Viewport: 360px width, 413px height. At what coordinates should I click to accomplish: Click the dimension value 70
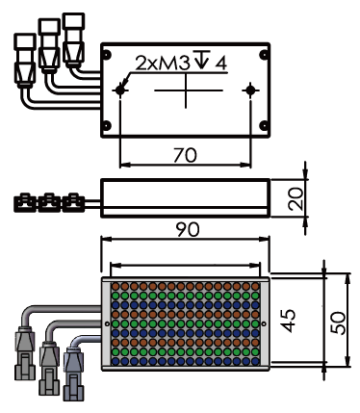tap(185, 155)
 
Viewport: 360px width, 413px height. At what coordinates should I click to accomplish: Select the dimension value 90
tap(188, 229)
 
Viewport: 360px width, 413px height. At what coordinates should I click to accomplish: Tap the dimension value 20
tap(296, 198)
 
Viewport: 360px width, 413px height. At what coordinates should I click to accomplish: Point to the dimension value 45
tap(288, 321)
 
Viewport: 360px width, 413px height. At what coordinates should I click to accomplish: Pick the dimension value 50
tap(338, 323)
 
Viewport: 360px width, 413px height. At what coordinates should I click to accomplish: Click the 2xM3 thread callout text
tap(163, 64)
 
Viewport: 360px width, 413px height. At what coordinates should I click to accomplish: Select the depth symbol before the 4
tap(202, 60)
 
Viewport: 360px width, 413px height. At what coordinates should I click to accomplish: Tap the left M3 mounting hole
tap(119, 90)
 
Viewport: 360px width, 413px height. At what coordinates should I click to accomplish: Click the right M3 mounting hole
tap(250, 90)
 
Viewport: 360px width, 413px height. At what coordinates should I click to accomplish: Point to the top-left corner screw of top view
tap(107, 55)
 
